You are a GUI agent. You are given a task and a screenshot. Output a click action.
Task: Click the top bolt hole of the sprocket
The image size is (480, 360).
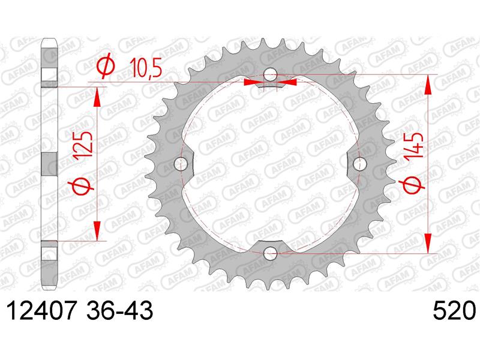pyautogui.click(x=271, y=74)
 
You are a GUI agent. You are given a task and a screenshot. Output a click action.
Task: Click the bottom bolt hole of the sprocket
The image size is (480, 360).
pyautogui.click(x=271, y=253)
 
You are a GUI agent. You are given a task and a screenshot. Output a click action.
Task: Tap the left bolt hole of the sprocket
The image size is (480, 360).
pyautogui.click(x=181, y=164)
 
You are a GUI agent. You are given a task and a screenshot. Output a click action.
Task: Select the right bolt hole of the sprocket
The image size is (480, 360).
pyautogui.click(x=359, y=164)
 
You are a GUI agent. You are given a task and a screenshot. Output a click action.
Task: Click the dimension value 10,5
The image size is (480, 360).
pyautogui.click(x=145, y=68)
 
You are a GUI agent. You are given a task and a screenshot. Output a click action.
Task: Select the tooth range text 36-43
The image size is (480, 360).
pyautogui.click(x=120, y=310)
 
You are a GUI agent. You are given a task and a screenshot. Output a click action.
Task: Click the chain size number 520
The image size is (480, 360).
pyautogui.click(x=455, y=310)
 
